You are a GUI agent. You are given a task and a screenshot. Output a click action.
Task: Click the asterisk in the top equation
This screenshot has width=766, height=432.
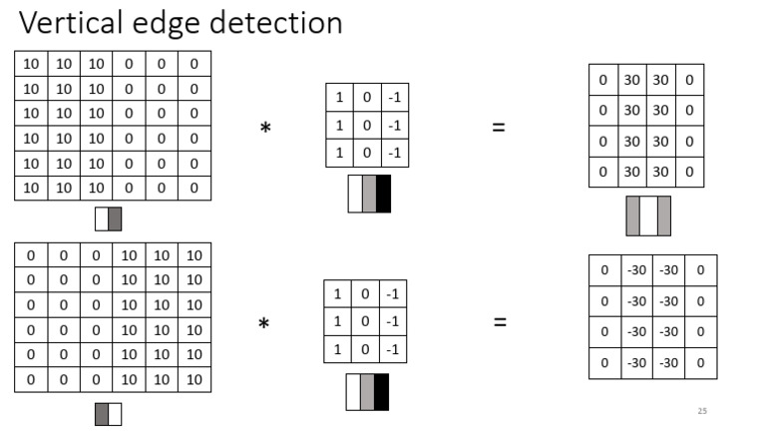(265, 129)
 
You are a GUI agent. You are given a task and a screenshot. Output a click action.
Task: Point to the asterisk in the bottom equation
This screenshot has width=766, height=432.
(264, 324)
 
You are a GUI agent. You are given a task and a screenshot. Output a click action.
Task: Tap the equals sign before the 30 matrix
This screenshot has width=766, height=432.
(499, 128)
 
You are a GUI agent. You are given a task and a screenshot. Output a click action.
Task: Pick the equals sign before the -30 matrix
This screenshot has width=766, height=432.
(500, 322)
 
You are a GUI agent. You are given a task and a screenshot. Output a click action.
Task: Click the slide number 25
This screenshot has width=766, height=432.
(702, 411)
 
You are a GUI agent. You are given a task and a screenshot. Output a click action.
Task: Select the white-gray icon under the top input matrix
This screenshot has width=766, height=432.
(108, 218)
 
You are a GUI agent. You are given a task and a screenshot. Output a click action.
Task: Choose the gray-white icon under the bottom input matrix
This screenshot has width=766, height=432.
(108, 414)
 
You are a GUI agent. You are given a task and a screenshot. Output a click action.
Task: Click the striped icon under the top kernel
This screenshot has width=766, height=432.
(368, 194)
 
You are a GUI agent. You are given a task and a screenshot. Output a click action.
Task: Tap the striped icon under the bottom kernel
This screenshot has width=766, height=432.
(367, 391)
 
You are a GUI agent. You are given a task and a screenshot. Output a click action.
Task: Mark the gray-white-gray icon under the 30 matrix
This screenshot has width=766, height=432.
(648, 216)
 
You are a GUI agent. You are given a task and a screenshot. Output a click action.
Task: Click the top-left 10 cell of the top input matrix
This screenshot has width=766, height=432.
(31, 64)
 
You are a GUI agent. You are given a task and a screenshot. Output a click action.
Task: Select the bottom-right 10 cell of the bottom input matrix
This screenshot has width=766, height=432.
(194, 379)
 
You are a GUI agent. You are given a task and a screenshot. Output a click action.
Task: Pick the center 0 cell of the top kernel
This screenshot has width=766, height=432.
(368, 126)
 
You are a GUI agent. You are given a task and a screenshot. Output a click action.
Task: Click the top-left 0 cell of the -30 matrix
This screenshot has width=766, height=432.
(604, 270)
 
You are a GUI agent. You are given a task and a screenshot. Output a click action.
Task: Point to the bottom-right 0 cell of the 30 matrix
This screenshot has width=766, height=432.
(689, 172)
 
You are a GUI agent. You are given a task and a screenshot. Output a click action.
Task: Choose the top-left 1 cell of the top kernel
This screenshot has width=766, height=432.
(340, 98)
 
